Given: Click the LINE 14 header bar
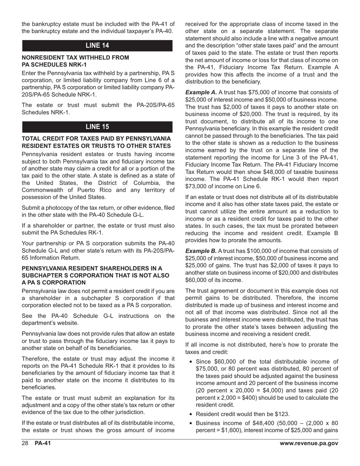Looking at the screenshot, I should (97, 45).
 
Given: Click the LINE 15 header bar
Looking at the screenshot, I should (97, 127).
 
